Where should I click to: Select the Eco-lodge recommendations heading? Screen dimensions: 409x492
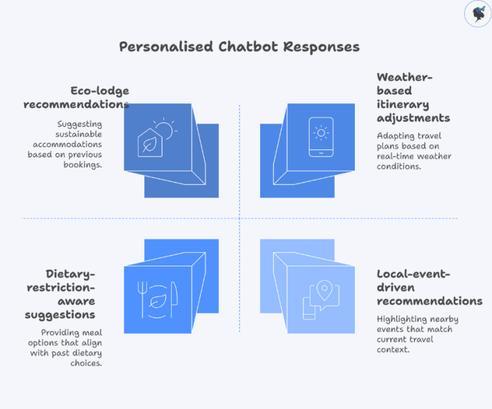click(100, 98)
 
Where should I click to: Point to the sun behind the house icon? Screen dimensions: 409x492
click(164, 129)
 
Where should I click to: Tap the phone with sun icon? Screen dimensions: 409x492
click(321, 136)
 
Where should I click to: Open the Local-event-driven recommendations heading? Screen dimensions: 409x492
click(429, 288)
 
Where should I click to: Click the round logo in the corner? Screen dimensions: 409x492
click(478, 14)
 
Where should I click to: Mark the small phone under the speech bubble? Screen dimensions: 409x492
click(309, 308)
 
